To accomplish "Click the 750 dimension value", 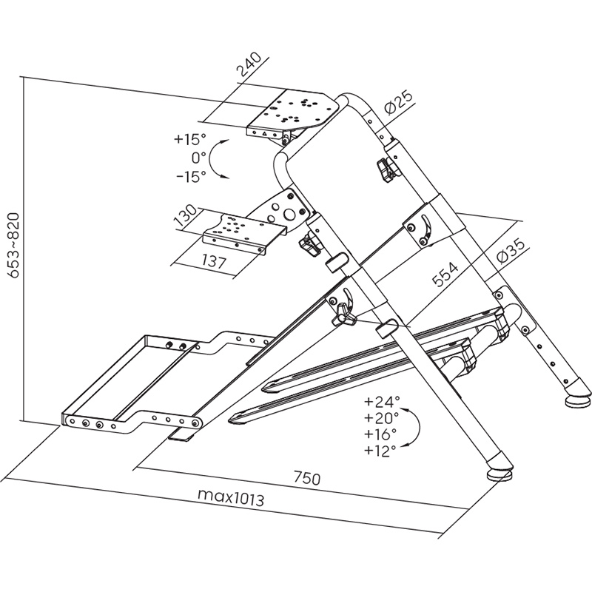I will coord(306,478).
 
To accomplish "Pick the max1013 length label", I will coord(231,498).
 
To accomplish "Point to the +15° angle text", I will coord(190,139).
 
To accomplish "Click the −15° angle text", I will coord(191,176).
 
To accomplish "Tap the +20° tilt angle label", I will coord(382,417).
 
